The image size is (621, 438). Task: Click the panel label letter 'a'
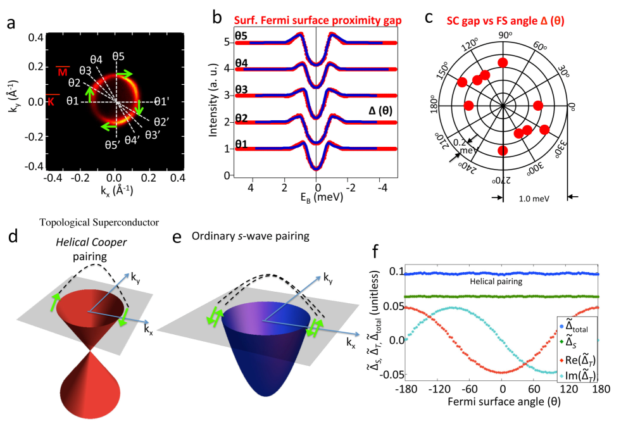click(10, 25)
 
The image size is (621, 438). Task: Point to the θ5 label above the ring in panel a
click(118, 56)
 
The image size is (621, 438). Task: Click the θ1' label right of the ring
click(163, 101)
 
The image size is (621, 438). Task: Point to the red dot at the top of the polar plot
click(503, 62)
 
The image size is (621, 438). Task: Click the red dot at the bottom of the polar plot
click(503, 150)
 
